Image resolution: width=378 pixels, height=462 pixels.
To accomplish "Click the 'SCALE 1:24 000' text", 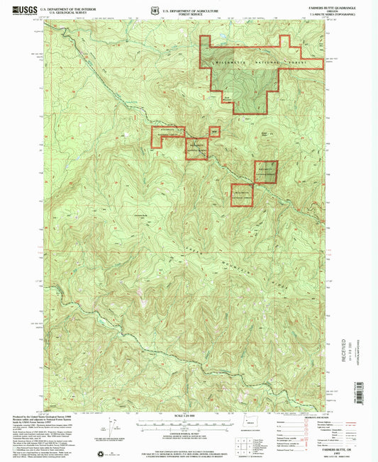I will (x=189, y=415).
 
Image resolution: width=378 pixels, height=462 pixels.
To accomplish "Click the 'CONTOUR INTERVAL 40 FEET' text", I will (x=189, y=429).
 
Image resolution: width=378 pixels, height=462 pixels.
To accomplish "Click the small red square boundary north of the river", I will (x=213, y=130).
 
